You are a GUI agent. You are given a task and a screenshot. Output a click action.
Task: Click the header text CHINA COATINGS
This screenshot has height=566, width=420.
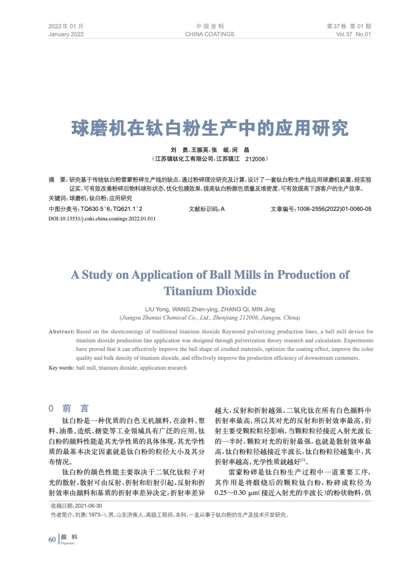(209, 34)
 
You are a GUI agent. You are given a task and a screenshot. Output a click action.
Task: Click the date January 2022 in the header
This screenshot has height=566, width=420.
(66, 34)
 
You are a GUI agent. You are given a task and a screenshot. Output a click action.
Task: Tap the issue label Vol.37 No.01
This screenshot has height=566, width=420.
(353, 34)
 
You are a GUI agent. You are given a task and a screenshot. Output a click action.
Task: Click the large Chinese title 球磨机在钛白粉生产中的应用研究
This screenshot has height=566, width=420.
(210, 128)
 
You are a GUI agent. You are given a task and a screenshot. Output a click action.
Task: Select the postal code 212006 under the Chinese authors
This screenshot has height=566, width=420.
(255, 159)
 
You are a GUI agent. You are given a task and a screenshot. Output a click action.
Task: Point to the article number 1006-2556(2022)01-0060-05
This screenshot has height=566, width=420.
(334, 209)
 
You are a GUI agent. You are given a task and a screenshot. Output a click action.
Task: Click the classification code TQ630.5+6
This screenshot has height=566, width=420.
(96, 209)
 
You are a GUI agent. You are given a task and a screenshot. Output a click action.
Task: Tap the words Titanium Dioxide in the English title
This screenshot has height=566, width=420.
(210, 291)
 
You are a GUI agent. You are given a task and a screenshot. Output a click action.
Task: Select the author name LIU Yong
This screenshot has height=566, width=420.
(157, 309)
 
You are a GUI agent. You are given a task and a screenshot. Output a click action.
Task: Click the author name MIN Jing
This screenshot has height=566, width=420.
(263, 309)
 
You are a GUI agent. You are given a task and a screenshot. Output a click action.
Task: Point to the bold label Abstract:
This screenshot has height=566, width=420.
(62, 331)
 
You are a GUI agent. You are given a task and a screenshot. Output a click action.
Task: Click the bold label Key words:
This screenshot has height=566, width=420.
(61, 368)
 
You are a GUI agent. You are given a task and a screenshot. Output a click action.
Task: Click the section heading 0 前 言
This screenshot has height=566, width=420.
(69, 409)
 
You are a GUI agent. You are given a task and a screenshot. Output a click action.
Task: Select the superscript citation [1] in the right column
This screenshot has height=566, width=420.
(303, 460)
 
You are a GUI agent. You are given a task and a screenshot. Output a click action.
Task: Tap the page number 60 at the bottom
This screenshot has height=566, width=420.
(52, 539)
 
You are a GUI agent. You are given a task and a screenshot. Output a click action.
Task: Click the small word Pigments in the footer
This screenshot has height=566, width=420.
(68, 543)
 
